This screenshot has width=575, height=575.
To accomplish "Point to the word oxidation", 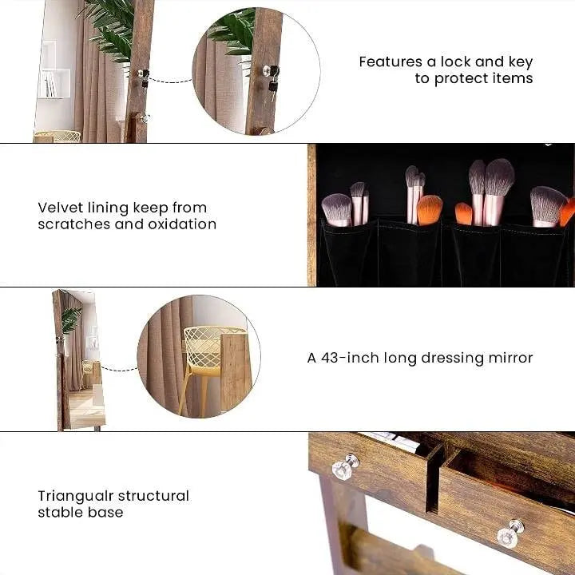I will click(x=182, y=224).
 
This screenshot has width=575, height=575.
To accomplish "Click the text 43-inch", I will click(x=353, y=358).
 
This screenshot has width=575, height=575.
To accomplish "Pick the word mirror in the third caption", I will click(x=511, y=358).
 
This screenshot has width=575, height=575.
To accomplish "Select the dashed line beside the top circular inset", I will click(x=170, y=80).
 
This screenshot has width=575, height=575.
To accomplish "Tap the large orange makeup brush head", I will click(x=429, y=209).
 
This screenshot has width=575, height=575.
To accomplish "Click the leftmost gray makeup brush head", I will click(x=336, y=208).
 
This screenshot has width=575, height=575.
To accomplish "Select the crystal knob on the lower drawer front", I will click(x=509, y=533).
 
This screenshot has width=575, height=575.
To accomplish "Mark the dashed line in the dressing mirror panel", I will click(x=119, y=369).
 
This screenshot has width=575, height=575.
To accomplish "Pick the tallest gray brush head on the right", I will click(x=498, y=176).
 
